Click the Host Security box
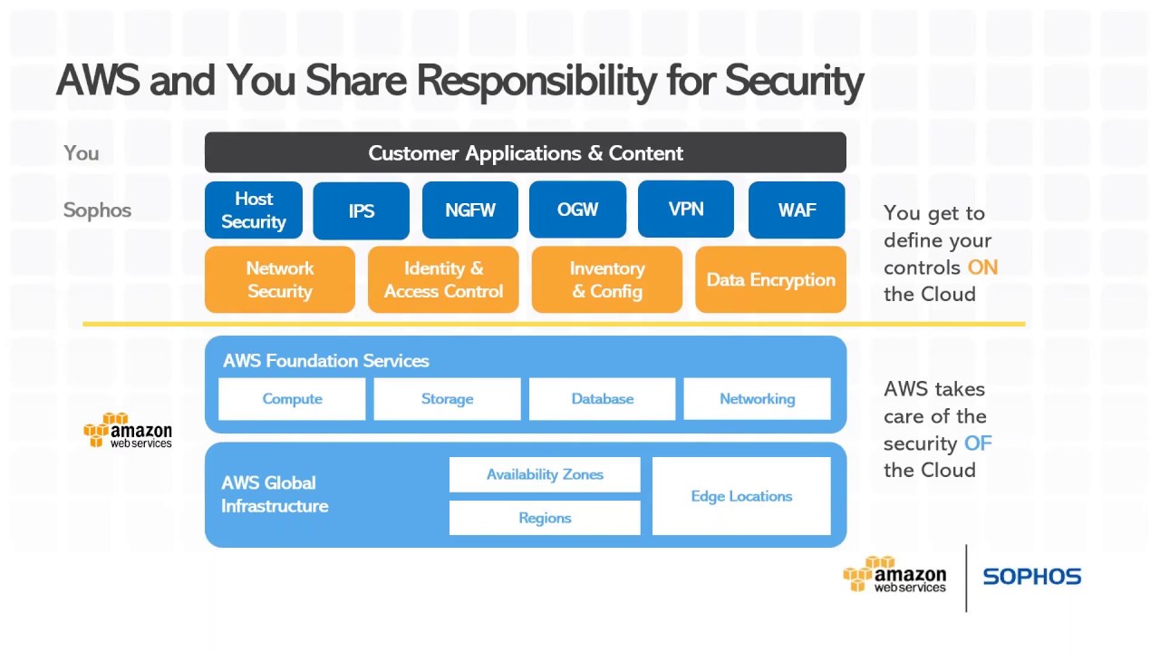pos(254,210)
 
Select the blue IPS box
pos(361,210)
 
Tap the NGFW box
pos(470,210)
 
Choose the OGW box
pos(577,210)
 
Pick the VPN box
pos(686,209)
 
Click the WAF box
pos(797,210)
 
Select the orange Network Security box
pos(280,279)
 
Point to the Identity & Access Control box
pos(443,279)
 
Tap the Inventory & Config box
pos(607,279)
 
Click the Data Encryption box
pos(770,279)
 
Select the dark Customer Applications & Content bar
pos(526,152)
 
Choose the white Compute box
pos(292,398)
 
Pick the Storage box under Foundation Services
pos(448,398)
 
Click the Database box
pos(603,398)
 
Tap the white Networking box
pos(757,398)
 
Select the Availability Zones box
pos(545,474)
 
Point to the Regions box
pos(545,518)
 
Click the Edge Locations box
pos(741,496)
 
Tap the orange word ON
pos(982,268)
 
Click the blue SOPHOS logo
pos(1032,576)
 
